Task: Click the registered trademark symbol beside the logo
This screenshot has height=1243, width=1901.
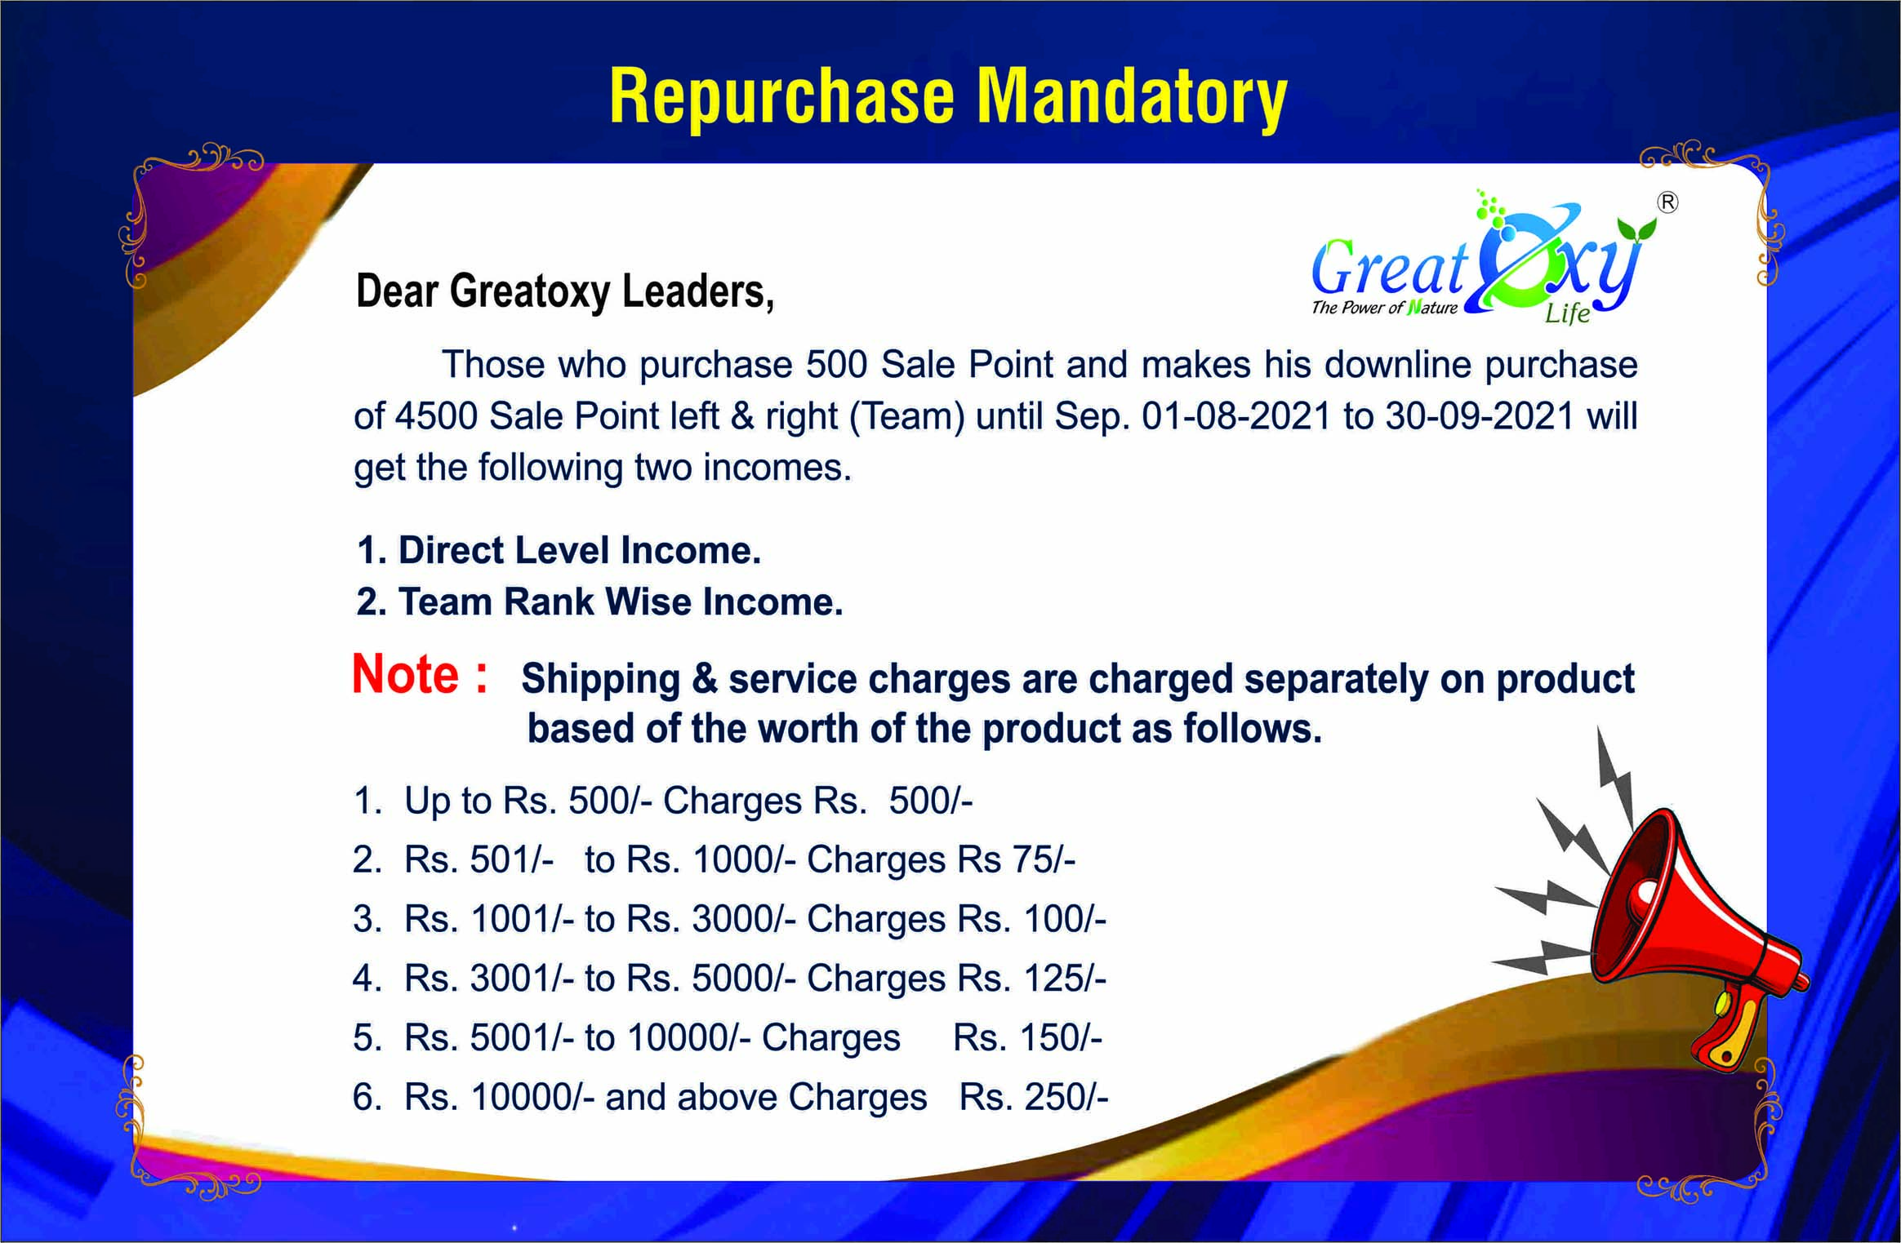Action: click(1667, 202)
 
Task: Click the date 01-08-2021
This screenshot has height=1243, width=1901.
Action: click(1236, 416)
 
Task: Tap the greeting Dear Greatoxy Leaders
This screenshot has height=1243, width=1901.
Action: click(565, 292)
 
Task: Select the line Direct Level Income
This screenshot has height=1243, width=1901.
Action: click(559, 550)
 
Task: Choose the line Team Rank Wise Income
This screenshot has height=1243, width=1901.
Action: click(599, 602)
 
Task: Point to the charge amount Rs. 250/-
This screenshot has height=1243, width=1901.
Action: click(1034, 1097)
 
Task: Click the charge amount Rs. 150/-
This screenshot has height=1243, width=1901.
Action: click(1027, 1037)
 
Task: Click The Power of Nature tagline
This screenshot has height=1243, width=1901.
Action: click(1385, 308)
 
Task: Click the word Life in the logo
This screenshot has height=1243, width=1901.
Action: click(1567, 313)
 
